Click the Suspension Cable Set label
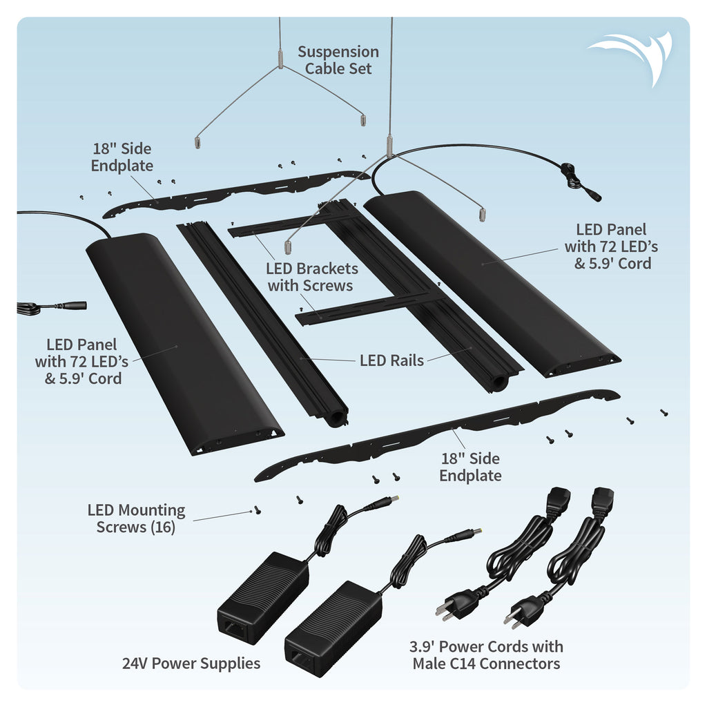click(x=338, y=60)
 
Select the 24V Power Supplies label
click(x=191, y=664)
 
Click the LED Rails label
click(x=391, y=360)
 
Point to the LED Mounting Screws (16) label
click(x=137, y=519)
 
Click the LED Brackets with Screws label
click(x=313, y=276)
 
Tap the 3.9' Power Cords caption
click(x=486, y=655)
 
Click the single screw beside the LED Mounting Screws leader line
click(x=258, y=511)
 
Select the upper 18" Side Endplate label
click(x=122, y=157)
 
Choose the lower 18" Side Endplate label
click(x=470, y=467)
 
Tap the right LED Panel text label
click(x=608, y=246)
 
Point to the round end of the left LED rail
click(x=338, y=418)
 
